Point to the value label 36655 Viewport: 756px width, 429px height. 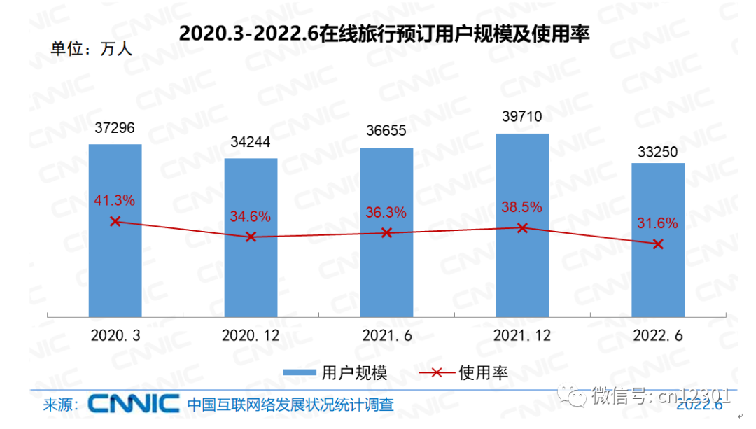coord(386,131)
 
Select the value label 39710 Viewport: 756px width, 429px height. coord(522,116)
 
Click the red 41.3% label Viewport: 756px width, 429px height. coord(114,200)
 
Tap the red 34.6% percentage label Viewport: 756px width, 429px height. coord(250,216)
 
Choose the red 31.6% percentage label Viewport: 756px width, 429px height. coord(657,223)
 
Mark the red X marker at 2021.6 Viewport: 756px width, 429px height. coord(386,232)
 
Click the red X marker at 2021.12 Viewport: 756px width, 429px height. coord(522,227)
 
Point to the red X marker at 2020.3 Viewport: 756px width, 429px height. coord(115,221)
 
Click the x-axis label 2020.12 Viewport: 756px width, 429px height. coord(251,336)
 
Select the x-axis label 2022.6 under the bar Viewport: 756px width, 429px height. coord(658,336)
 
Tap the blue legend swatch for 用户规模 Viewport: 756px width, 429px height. coord(300,373)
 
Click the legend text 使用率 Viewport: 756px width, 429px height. coord(483,373)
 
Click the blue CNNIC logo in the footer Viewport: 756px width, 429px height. coord(133,403)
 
